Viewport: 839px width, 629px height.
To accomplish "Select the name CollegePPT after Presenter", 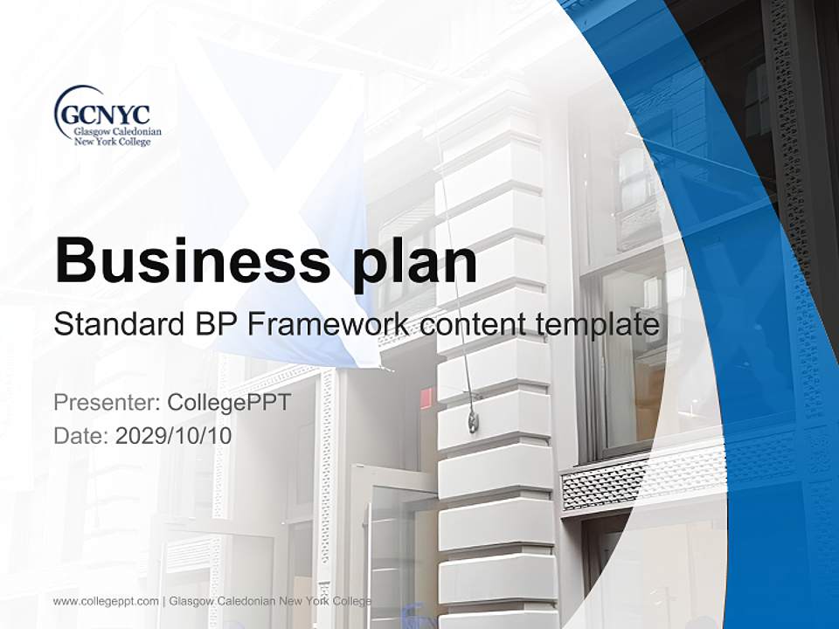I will (x=228, y=403).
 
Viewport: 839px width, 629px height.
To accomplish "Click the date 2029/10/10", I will (x=174, y=436).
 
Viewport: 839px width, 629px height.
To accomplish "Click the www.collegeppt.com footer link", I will (x=106, y=601).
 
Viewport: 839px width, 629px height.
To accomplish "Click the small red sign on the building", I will (x=426, y=398).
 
